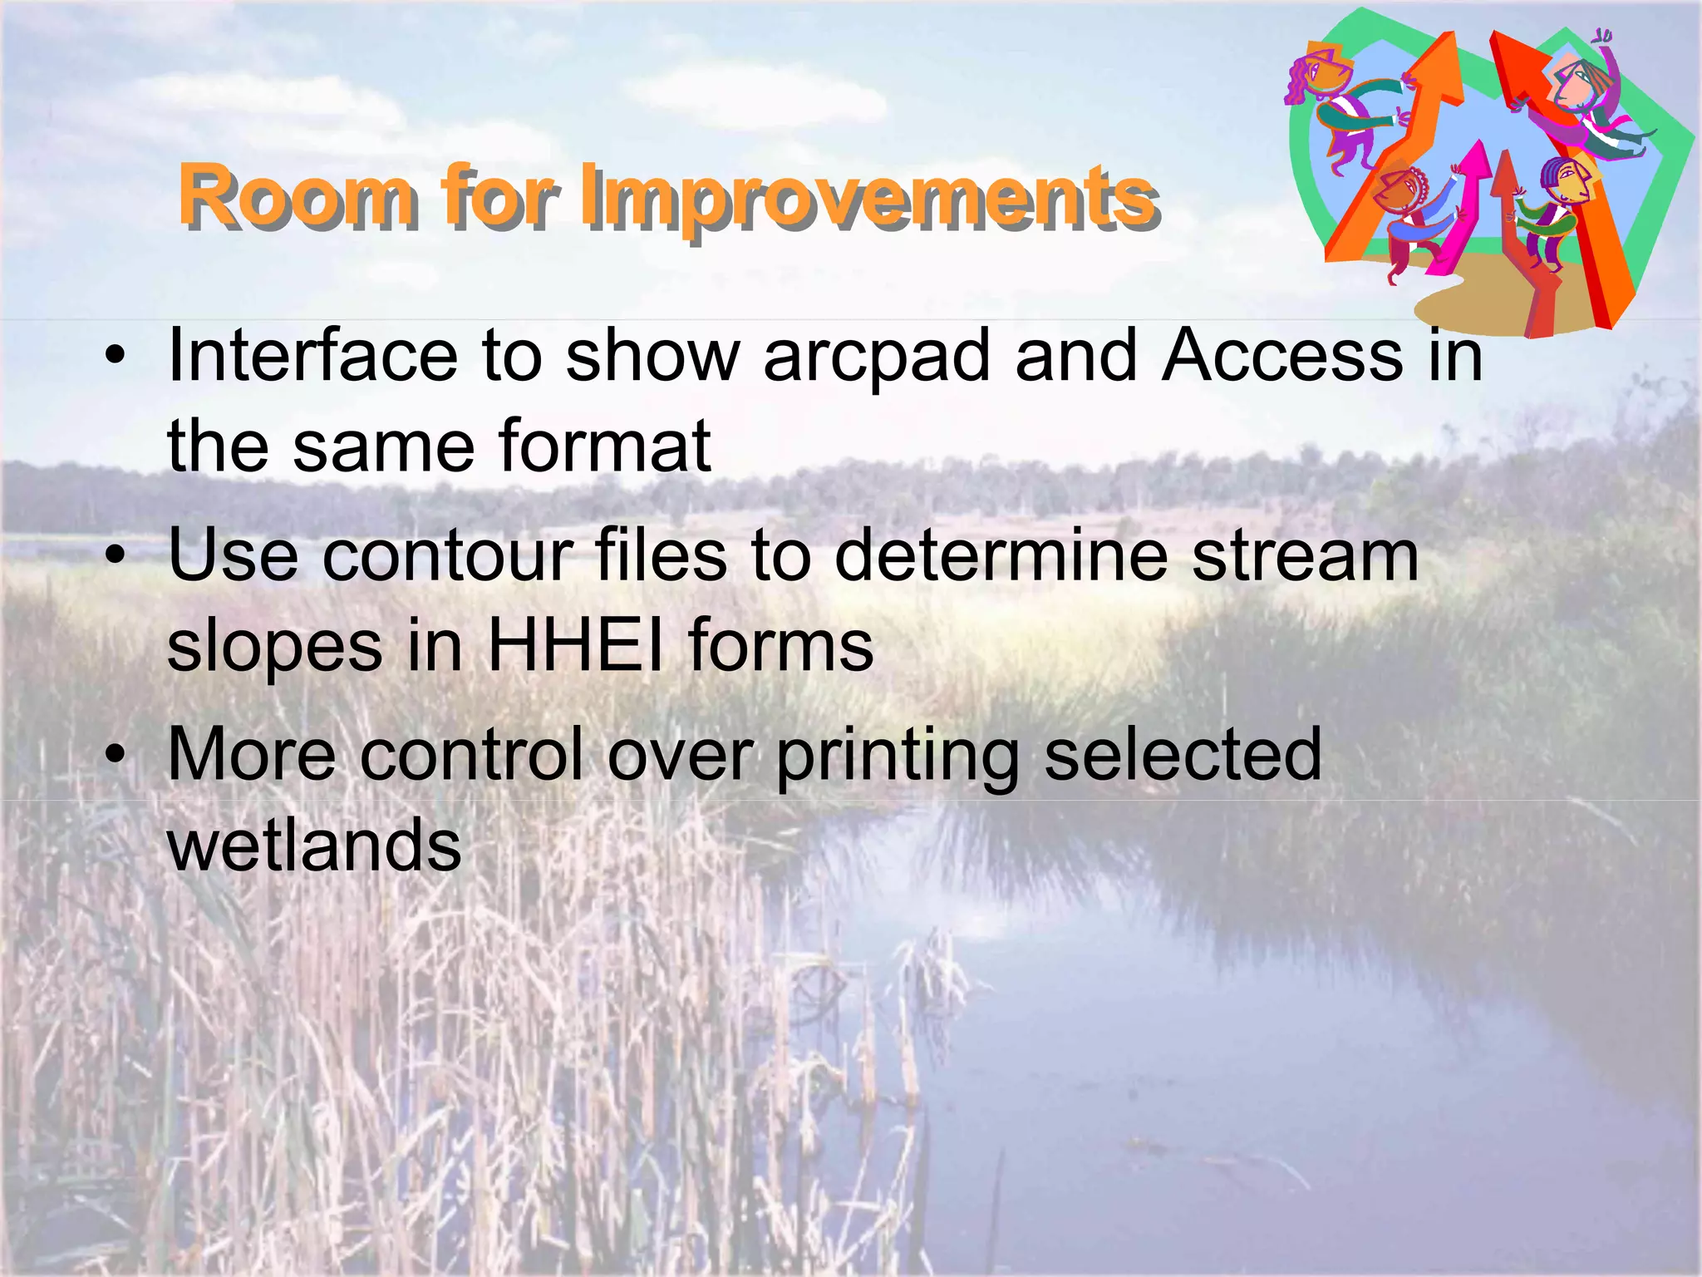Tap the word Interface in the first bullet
point(312,356)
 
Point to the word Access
point(1283,356)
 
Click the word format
point(604,446)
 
